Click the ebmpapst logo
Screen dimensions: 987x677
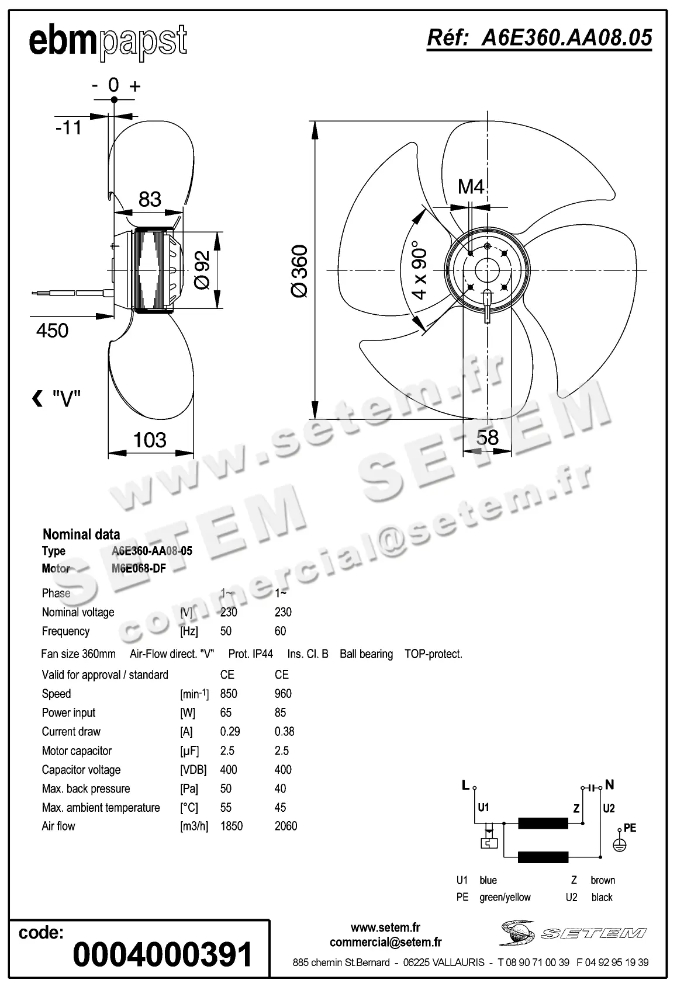[x=108, y=42]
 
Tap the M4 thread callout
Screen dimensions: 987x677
[x=471, y=187]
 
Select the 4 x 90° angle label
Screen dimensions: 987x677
[x=420, y=270]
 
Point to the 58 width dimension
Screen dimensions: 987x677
[x=487, y=437]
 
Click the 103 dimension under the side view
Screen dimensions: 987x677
[x=150, y=440]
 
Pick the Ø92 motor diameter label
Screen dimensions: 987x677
[x=201, y=269]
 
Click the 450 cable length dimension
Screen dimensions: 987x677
[x=52, y=331]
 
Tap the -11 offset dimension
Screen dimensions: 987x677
[x=68, y=127]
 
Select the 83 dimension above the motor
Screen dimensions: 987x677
[x=150, y=200]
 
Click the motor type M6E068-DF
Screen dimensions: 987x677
[x=139, y=568]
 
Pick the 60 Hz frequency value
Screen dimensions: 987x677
[x=280, y=631]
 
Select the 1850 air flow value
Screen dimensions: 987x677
[x=231, y=826]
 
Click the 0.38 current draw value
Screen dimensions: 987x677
[x=284, y=732]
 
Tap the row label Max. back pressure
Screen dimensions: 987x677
[x=85, y=789]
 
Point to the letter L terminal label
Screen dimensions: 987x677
[x=465, y=786]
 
